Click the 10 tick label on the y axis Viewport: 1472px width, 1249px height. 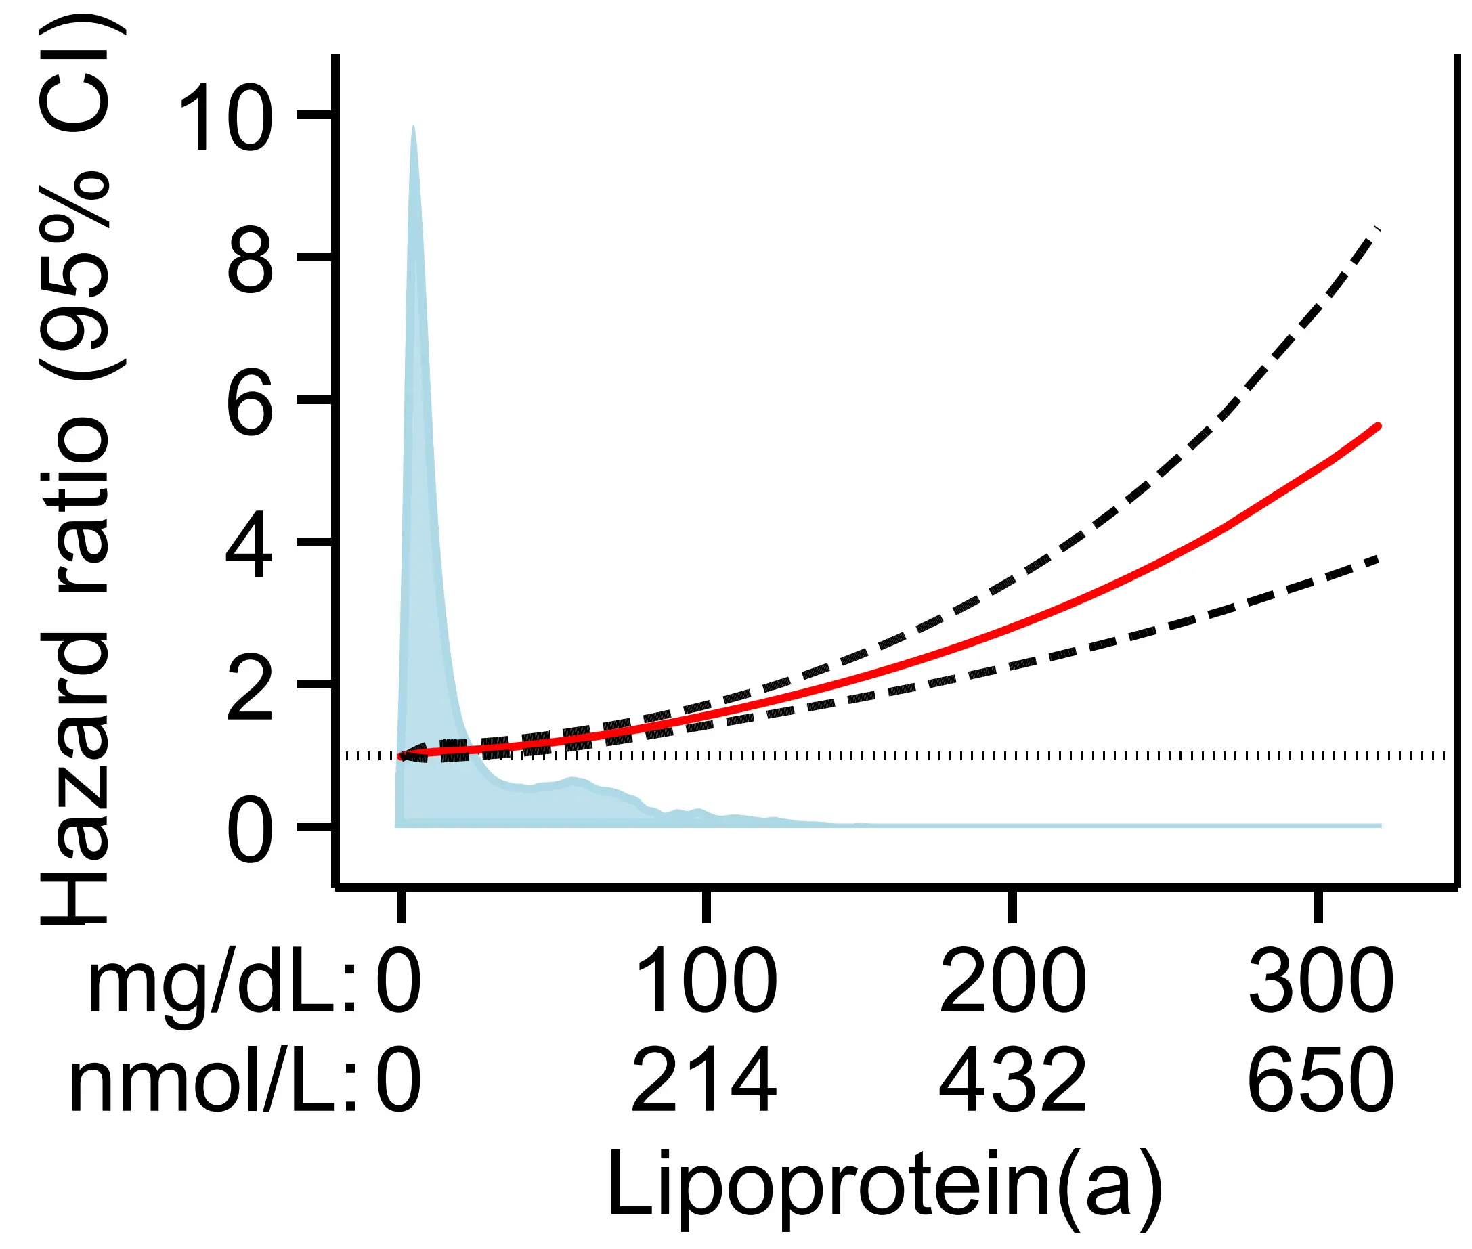(x=225, y=117)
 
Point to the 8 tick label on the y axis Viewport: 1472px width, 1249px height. (x=249, y=260)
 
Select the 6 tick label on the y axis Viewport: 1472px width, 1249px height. (x=249, y=402)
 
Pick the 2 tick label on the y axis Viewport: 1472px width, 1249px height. (x=249, y=687)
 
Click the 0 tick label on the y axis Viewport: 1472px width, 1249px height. (x=249, y=829)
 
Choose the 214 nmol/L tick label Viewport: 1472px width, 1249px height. (x=704, y=1080)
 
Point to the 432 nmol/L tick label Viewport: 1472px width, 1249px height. (x=1012, y=1080)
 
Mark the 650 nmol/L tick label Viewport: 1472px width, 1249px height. (x=1320, y=1080)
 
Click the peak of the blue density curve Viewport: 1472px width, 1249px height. (x=414, y=127)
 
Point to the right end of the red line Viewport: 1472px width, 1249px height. (x=1378, y=426)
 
